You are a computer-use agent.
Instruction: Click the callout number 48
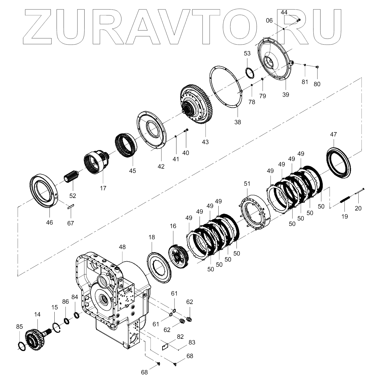click(122, 247)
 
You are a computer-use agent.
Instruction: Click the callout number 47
click(334, 134)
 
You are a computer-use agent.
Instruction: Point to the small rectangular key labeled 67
click(70, 206)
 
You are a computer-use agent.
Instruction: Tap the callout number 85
click(20, 327)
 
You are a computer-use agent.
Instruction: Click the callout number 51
click(247, 184)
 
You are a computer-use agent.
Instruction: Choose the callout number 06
click(269, 21)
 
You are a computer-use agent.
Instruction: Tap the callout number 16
click(173, 226)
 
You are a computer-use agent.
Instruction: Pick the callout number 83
click(192, 342)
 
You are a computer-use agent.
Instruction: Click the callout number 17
click(103, 188)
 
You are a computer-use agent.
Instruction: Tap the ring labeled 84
click(77, 315)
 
